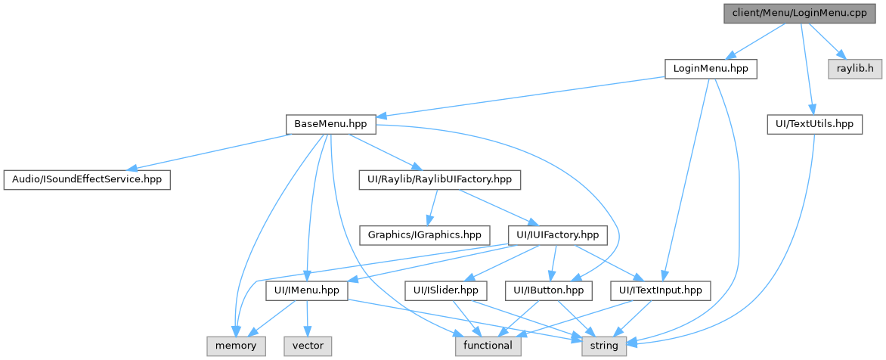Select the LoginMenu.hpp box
click(710, 69)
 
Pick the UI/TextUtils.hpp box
click(813, 124)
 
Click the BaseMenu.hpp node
click(330, 124)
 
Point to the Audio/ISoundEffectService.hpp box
click(86, 180)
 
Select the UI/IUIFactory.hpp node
click(557, 235)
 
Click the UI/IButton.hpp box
click(548, 290)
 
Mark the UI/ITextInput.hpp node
click(660, 290)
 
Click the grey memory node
click(236, 346)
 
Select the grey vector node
click(308, 346)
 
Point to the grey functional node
click(488, 346)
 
